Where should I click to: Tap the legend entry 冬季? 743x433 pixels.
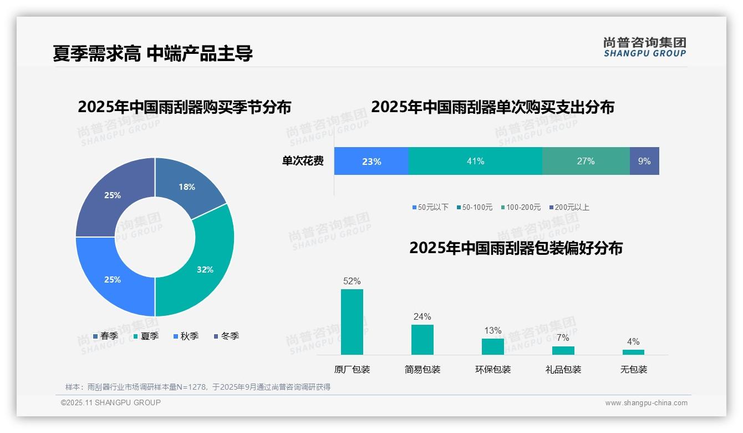[x=226, y=336]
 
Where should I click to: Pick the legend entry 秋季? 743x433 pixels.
[x=186, y=336]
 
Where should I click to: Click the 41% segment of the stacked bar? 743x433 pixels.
[x=475, y=161]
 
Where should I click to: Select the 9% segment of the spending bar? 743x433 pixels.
[x=644, y=161]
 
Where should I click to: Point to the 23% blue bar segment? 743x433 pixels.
[x=371, y=161]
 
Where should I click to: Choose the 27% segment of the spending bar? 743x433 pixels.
[x=586, y=161]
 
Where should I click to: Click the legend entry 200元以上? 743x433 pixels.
[x=569, y=207]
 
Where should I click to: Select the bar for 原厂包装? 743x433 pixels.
[x=352, y=322]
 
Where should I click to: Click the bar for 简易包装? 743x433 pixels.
[x=423, y=339]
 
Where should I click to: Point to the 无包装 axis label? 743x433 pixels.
[x=633, y=369]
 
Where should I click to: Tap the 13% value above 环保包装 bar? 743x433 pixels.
[x=492, y=330]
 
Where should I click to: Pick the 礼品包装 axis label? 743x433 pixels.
[x=563, y=369]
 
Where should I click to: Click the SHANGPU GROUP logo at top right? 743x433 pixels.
[x=644, y=47]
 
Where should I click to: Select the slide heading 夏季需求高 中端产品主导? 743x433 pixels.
[x=153, y=53]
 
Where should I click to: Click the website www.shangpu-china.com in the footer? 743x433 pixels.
[x=646, y=402]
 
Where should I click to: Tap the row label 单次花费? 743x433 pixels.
[x=303, y=161]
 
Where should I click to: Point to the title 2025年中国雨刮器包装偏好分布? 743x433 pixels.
[x=516, y=248]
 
